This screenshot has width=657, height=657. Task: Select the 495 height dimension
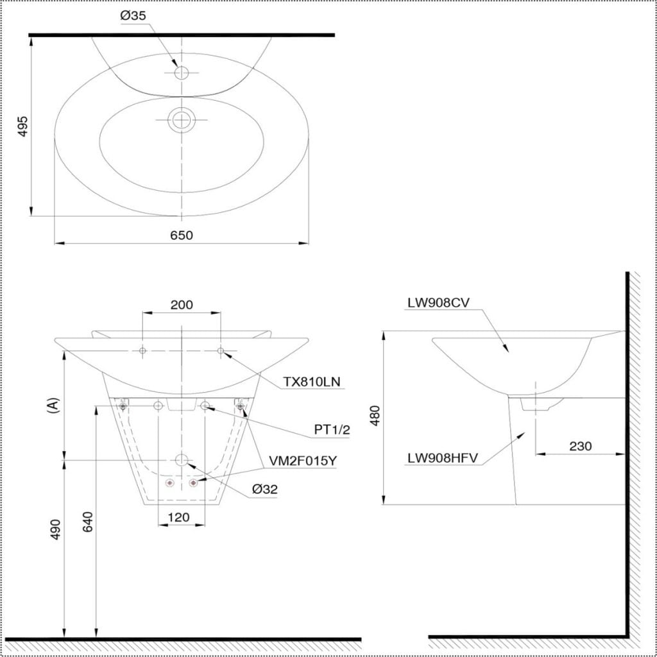22,126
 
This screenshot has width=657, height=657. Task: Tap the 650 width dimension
182,235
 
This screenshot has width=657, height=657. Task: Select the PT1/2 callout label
332,430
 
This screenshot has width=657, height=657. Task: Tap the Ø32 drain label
264,489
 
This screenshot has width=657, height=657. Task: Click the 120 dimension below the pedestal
182,516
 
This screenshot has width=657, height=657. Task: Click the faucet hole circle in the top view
182,73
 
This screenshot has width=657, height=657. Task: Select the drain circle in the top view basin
182,119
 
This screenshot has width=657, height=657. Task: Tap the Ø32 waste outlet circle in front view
182,460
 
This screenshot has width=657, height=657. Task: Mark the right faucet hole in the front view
221,350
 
